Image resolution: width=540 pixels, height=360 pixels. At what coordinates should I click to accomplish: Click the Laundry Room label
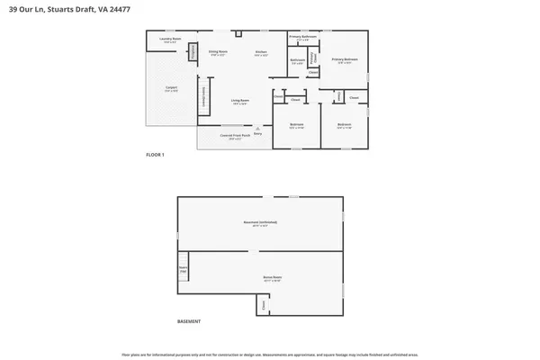point(171,40)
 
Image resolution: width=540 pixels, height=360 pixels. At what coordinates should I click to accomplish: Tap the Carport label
point(171,89)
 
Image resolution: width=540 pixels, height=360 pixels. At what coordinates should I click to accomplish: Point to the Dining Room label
point(218,53)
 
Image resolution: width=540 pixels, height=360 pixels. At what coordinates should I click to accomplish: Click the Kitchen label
point(261,53)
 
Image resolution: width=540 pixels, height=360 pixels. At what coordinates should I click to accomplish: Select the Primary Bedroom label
point(345,60)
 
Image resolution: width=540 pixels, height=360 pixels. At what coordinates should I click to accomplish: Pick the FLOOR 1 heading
point(156,156)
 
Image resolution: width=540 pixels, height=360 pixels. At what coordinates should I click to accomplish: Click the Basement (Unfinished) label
point(260,222)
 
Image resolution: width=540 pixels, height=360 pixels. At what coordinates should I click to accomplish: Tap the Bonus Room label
point(272,280)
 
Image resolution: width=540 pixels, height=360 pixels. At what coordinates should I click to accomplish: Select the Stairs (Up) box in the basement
point(184,268)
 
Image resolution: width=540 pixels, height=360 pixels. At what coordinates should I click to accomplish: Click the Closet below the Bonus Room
point(263,306)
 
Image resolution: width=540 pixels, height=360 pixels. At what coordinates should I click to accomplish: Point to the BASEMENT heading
point(189,321)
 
